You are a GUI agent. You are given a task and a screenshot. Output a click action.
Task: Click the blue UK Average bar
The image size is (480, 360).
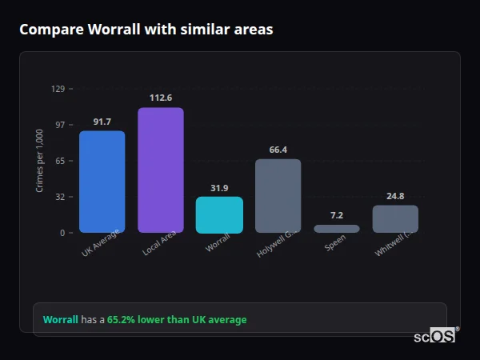[x=102, y=182]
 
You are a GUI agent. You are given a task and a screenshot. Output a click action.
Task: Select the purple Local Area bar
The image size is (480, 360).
[x=161, y=170]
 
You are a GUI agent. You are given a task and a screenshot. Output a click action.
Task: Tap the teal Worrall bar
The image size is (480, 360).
[x=219, y=214]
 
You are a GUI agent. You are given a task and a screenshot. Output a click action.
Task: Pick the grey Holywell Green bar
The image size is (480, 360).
[x=278, y=196]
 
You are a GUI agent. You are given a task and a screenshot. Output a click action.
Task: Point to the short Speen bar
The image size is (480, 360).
[x=337, y=229]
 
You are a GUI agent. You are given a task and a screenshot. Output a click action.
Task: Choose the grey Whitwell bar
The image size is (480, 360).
[x=395, y=219]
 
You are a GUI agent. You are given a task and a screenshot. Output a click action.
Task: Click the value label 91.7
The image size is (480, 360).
[x=102, y=122]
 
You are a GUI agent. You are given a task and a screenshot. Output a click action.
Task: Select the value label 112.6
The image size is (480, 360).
[x=161, y=98]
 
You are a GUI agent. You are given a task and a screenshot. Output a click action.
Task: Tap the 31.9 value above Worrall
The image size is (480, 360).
[x=219, y=188]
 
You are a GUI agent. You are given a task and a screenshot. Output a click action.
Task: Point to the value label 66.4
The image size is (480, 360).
[x=278, y=150]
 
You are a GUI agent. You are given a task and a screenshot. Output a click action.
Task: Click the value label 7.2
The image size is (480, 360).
[x=337, y=215]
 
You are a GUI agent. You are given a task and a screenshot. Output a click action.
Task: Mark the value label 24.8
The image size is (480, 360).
[x=395, y=196]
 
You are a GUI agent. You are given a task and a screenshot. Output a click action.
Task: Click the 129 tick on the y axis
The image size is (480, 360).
[x=58, y=89]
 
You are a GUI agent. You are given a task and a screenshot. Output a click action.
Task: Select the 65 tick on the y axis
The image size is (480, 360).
[x=60, y=161]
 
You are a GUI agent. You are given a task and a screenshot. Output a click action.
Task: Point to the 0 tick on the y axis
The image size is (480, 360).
[x=62, y=233]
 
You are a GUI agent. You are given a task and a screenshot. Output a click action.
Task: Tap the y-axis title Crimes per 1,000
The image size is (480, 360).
[x=40, y=161]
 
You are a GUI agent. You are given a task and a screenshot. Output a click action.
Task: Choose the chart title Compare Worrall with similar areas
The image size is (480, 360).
[x=146, y=30]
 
